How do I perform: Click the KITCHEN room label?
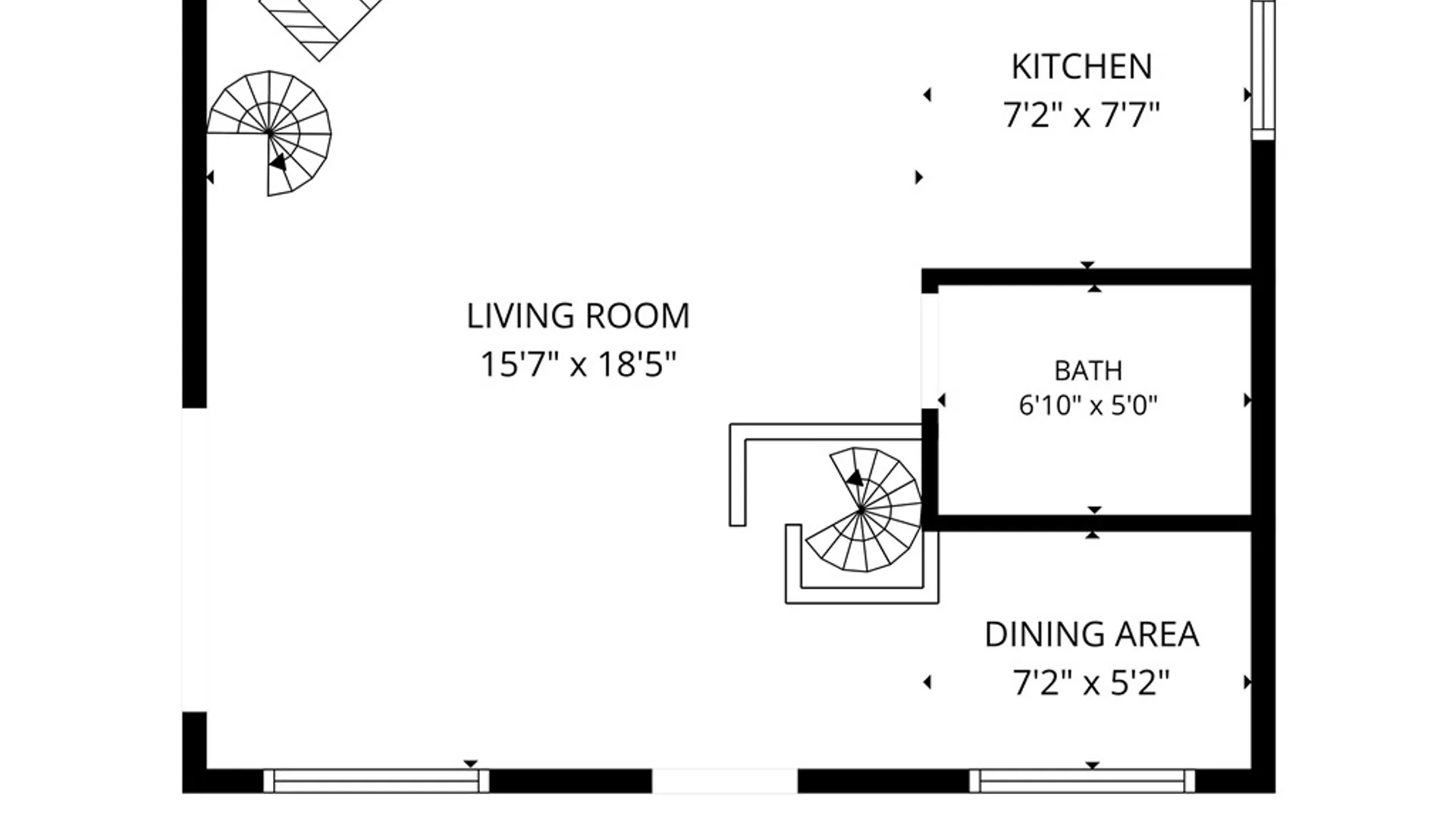[x=1081, y=67]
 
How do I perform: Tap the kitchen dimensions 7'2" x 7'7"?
[x=1081, y=115]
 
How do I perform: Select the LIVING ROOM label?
[x=578, y=316]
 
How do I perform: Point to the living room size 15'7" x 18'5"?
[x=578, y=364]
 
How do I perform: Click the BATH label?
[x=1088, y=371]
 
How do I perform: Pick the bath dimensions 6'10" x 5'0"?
[x=1088, y=406]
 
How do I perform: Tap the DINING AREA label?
[x=1091, y=635]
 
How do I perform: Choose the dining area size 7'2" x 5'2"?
[x=1091, y=682]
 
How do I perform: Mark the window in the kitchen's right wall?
[x=1263, y=70]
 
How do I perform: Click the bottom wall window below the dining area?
[x=1082, y=781]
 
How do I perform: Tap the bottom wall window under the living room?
[x=376, y=781]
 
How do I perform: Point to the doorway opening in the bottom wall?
[x=725, y=781]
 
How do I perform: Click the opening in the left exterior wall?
[x=194, y=560]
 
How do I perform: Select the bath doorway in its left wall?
[x=930, y=350]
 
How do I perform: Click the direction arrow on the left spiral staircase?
[x=278, y=162]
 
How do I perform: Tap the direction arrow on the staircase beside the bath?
[x=855, y=478]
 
